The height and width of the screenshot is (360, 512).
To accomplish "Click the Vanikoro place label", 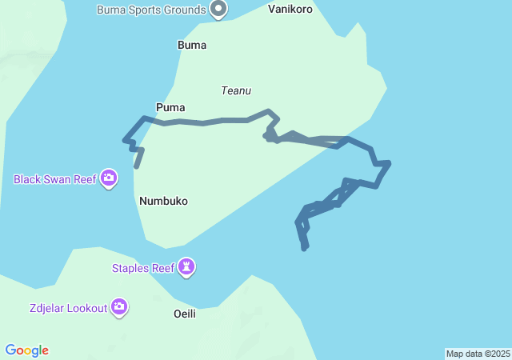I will pos(290,10).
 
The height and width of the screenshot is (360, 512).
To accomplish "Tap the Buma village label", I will pos(192,45).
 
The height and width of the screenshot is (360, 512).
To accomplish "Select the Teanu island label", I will pos(236,91).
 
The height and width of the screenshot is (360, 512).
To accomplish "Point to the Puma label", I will pos(171,106).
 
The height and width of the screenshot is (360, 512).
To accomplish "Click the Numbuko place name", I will pos(163,201).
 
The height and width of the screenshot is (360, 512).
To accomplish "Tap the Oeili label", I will pos(185,314).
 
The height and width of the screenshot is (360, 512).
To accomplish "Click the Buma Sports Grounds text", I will pos(150,10).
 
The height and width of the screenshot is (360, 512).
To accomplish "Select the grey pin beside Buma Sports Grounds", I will pos(218,9).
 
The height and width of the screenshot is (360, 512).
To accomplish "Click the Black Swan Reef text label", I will pos(54,179).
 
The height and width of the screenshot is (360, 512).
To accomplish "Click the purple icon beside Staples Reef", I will pos(187,267).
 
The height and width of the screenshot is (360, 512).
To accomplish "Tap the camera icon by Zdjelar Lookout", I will pos(120,306).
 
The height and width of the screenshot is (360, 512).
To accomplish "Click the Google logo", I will pos(26,350).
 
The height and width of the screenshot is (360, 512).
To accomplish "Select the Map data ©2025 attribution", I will pos(478,354).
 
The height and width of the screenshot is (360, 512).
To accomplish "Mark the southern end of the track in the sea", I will pos(305,249).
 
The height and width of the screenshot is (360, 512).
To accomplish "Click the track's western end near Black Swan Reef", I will pos(137,166).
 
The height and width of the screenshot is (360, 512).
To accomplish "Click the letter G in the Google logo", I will pos(10,350).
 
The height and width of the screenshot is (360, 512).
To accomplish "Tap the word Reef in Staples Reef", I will pos(162,268).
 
